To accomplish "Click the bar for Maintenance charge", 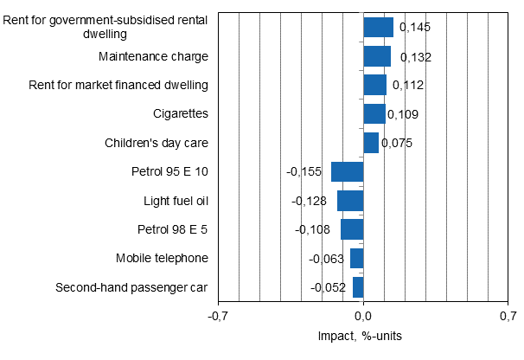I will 377,56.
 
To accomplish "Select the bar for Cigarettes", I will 374,114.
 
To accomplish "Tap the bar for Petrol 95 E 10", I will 347,171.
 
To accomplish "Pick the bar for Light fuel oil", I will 350,201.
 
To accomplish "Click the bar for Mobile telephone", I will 356,258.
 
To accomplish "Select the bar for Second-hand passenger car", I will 358,287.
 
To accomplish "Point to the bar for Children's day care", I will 371,143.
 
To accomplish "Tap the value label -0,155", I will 305,171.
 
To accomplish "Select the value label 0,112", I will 409,86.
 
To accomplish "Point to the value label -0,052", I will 329,287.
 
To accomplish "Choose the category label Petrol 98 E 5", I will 173,229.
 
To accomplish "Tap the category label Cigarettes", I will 180,113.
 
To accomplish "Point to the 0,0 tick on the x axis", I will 363,317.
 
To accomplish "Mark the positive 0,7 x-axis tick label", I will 508,317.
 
